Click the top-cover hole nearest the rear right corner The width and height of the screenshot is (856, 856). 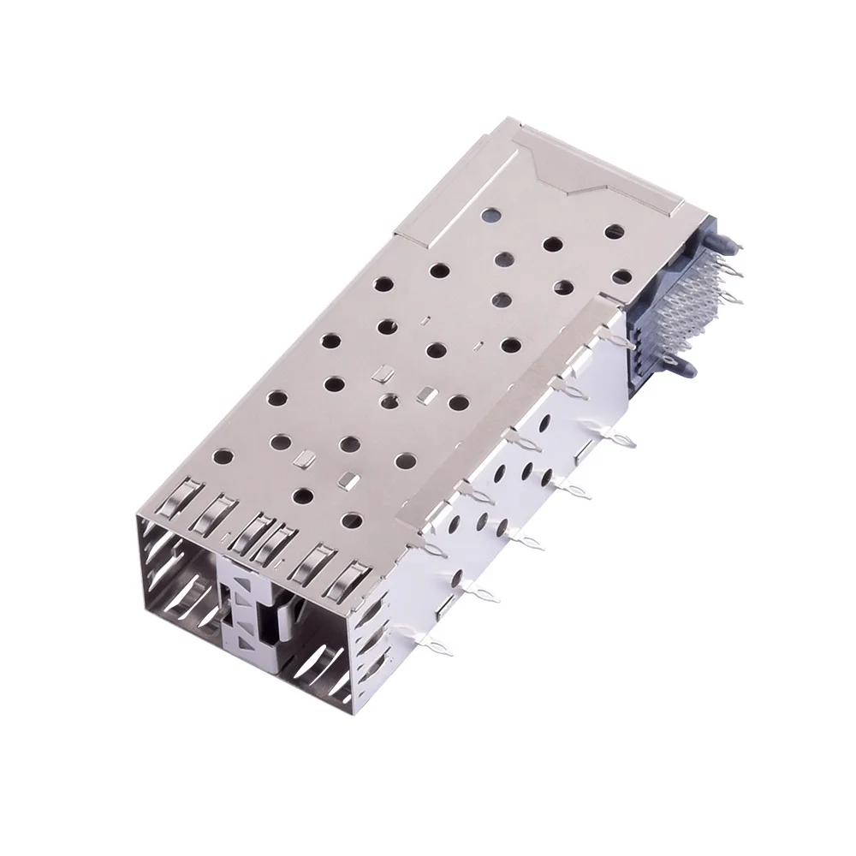coord(614,231)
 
